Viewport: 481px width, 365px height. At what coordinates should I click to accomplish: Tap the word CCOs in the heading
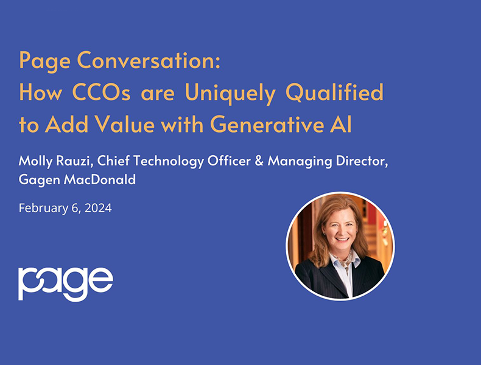pyautogui.click(x=101, y=92)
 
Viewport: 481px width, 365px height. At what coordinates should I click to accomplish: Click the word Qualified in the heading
pyautogui.click(x=334, y=92)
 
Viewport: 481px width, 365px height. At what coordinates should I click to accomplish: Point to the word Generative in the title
pyautogui.click(x=267, y=124)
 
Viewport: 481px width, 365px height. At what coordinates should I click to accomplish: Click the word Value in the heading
pyautogui.click(x=125, y=124)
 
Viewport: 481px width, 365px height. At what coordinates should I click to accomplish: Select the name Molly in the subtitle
pyautogui.click(x=35, y=161)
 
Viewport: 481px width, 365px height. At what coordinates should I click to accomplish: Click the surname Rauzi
pyautogui.click(x=74, y=161)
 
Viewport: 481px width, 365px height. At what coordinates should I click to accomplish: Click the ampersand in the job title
pyautogui.click(x=259, y=161)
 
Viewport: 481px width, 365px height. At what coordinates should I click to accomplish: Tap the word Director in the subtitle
pyautogui.click(x=362, y=161)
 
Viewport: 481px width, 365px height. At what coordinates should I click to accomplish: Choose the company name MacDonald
pyautogui.click(x=100, y=179)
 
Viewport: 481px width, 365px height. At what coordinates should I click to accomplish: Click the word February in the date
pyautogui.click(x=44, y=208)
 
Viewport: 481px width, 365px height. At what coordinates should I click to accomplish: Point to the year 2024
pyautogui.click(x=98, y=208)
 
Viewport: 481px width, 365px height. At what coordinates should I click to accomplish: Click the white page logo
pyautogui.click(x=66, y=283)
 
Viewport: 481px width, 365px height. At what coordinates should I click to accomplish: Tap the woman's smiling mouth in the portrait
pyautogui.click(x=342, y=239)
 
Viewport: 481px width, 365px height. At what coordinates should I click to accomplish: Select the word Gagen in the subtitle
pyautogui.click(x=39, y=179)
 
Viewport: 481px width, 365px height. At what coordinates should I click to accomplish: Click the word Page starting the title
pyautogui.click(x=45, y=61)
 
